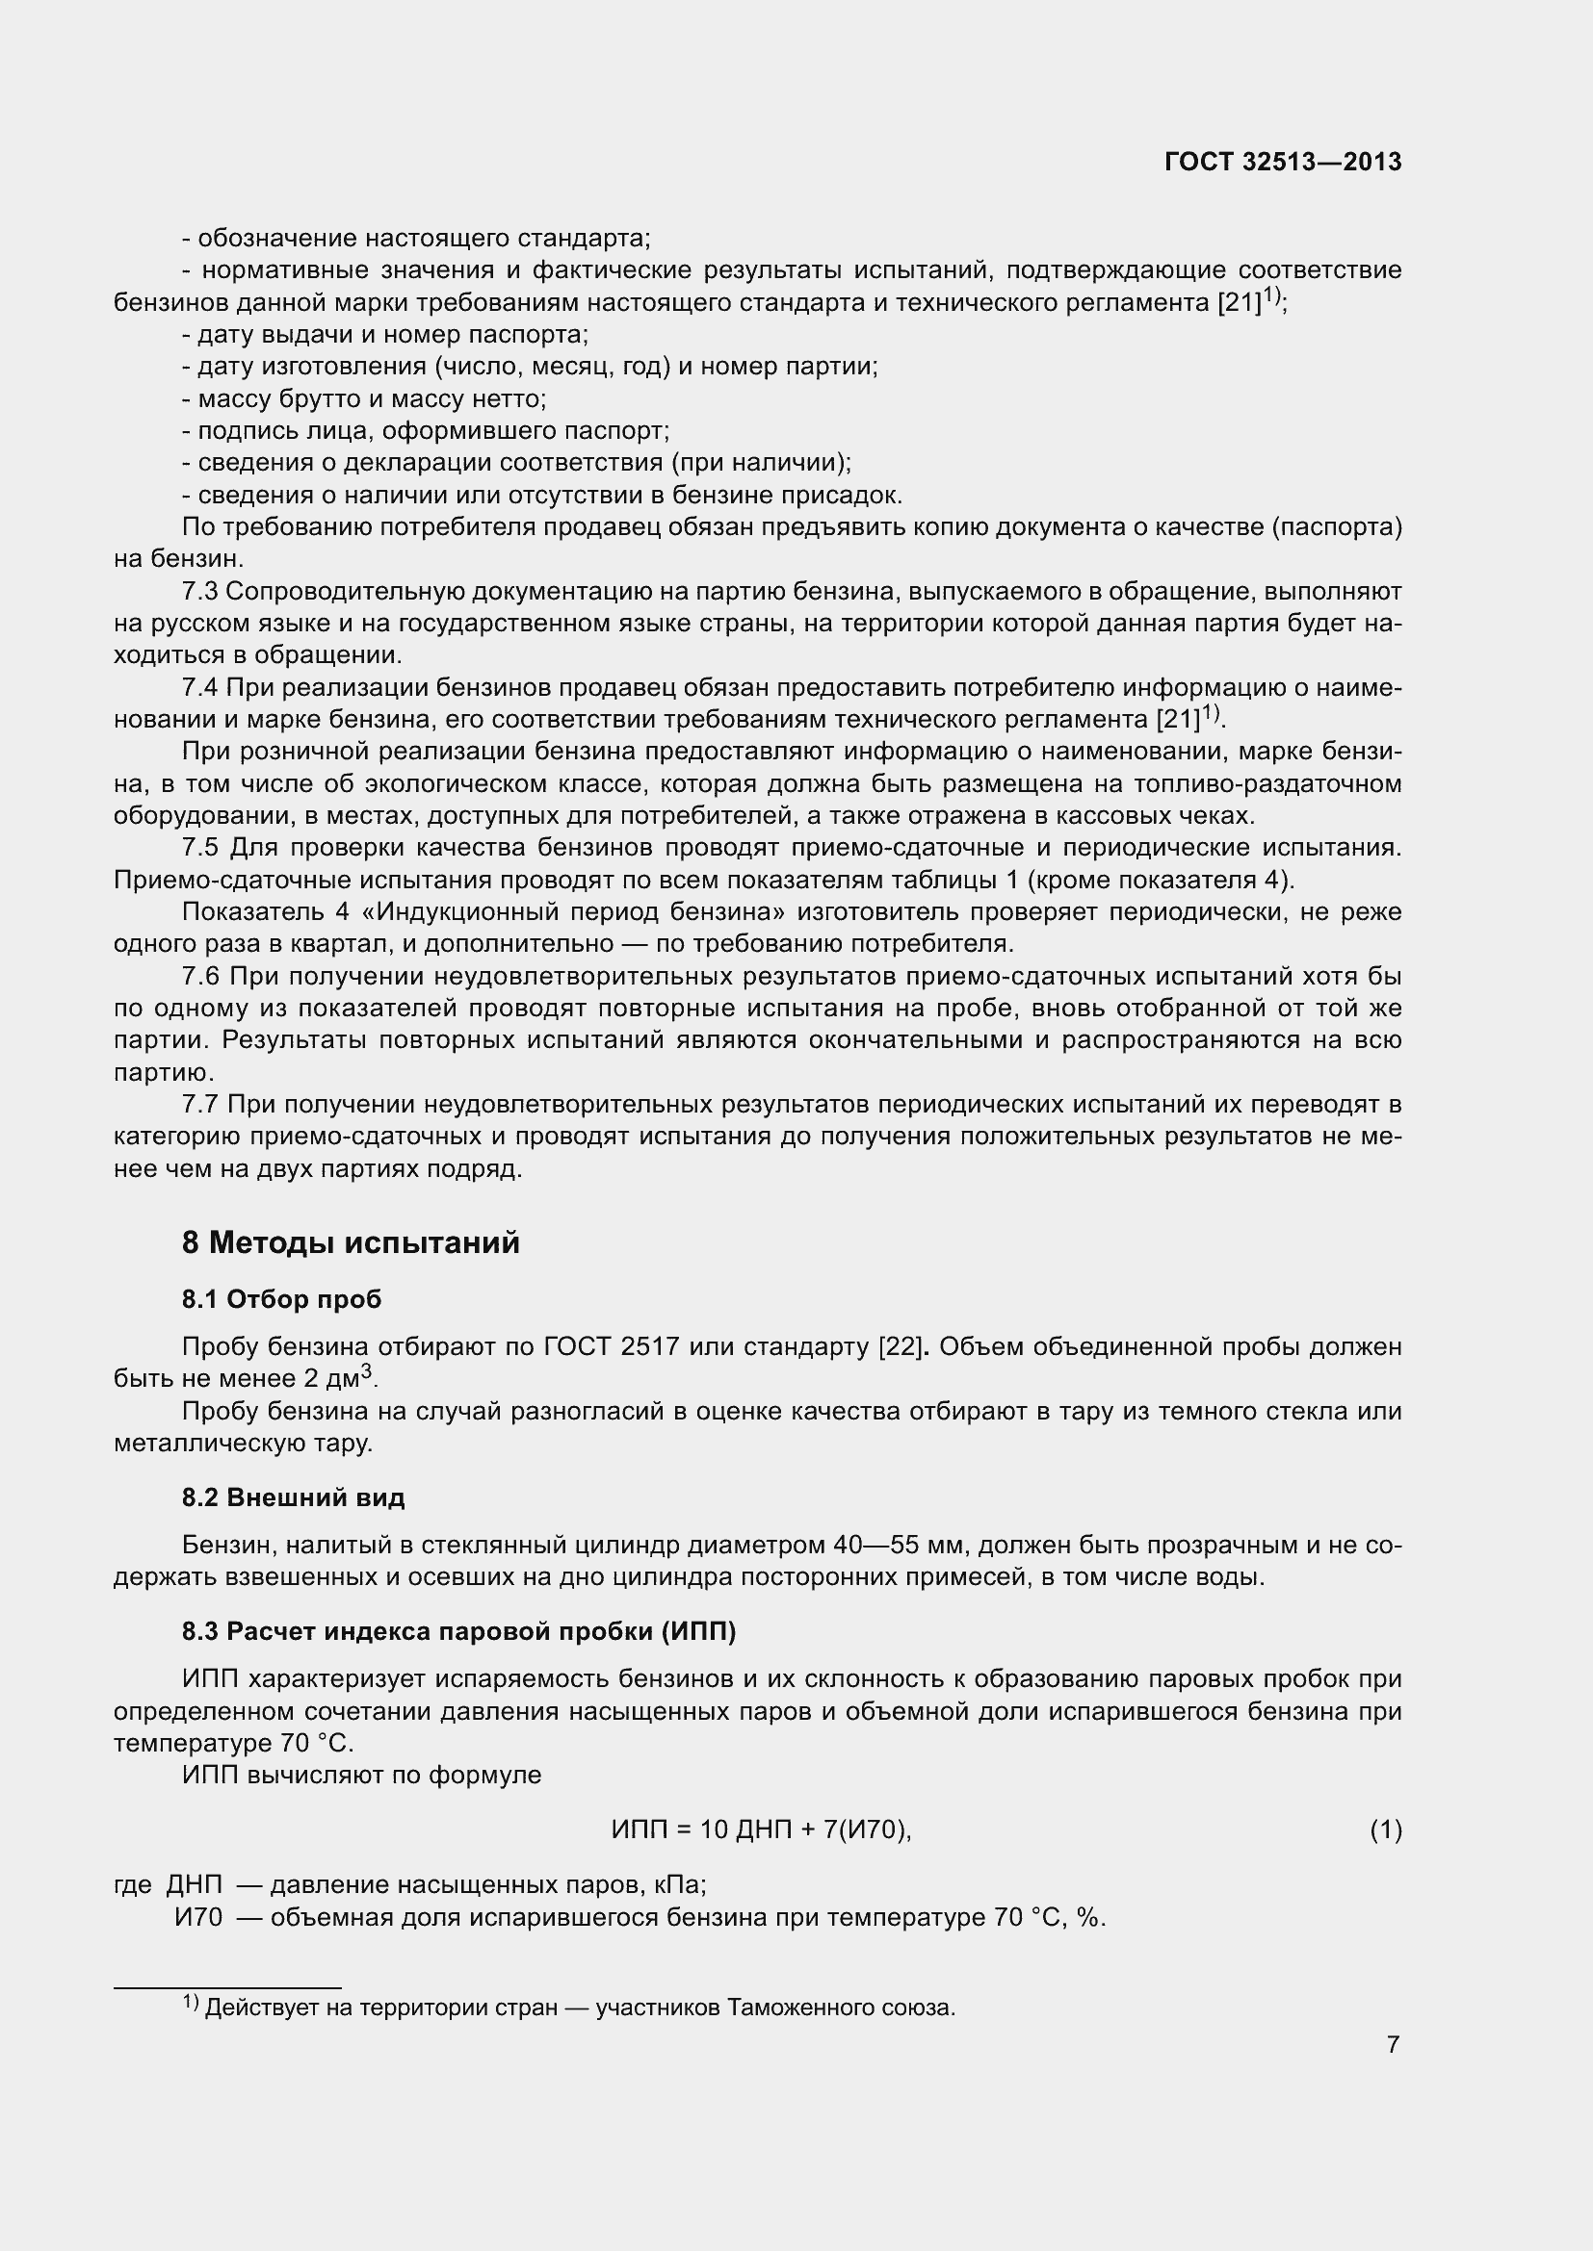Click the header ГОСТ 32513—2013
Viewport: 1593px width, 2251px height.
coord(1282,162)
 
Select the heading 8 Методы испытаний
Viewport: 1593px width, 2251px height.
coord(351,1243)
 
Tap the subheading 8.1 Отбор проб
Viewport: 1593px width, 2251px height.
coord(281,1300)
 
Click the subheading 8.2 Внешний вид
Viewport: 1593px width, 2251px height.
coord(294,1498)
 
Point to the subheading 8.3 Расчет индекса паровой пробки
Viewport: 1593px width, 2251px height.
coord(458,1631)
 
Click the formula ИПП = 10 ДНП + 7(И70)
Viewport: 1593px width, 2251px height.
coord(761,1830)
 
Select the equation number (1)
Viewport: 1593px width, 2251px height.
coord(1385,1830)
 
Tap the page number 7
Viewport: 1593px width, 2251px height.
coord(1393,2045)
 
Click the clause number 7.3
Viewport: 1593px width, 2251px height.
coord(200,592)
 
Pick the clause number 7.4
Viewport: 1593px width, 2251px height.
coord(200,688)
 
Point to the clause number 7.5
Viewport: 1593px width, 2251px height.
coord(200,848)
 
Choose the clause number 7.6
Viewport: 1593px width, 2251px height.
coord(200,977)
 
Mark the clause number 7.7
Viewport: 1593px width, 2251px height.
coord(200,1105)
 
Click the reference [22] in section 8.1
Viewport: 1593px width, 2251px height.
coord(901,1347)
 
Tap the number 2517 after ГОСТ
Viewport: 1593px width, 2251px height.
coord(649,1347)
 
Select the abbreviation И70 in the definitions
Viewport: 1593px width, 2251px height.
coord(199,1918)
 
